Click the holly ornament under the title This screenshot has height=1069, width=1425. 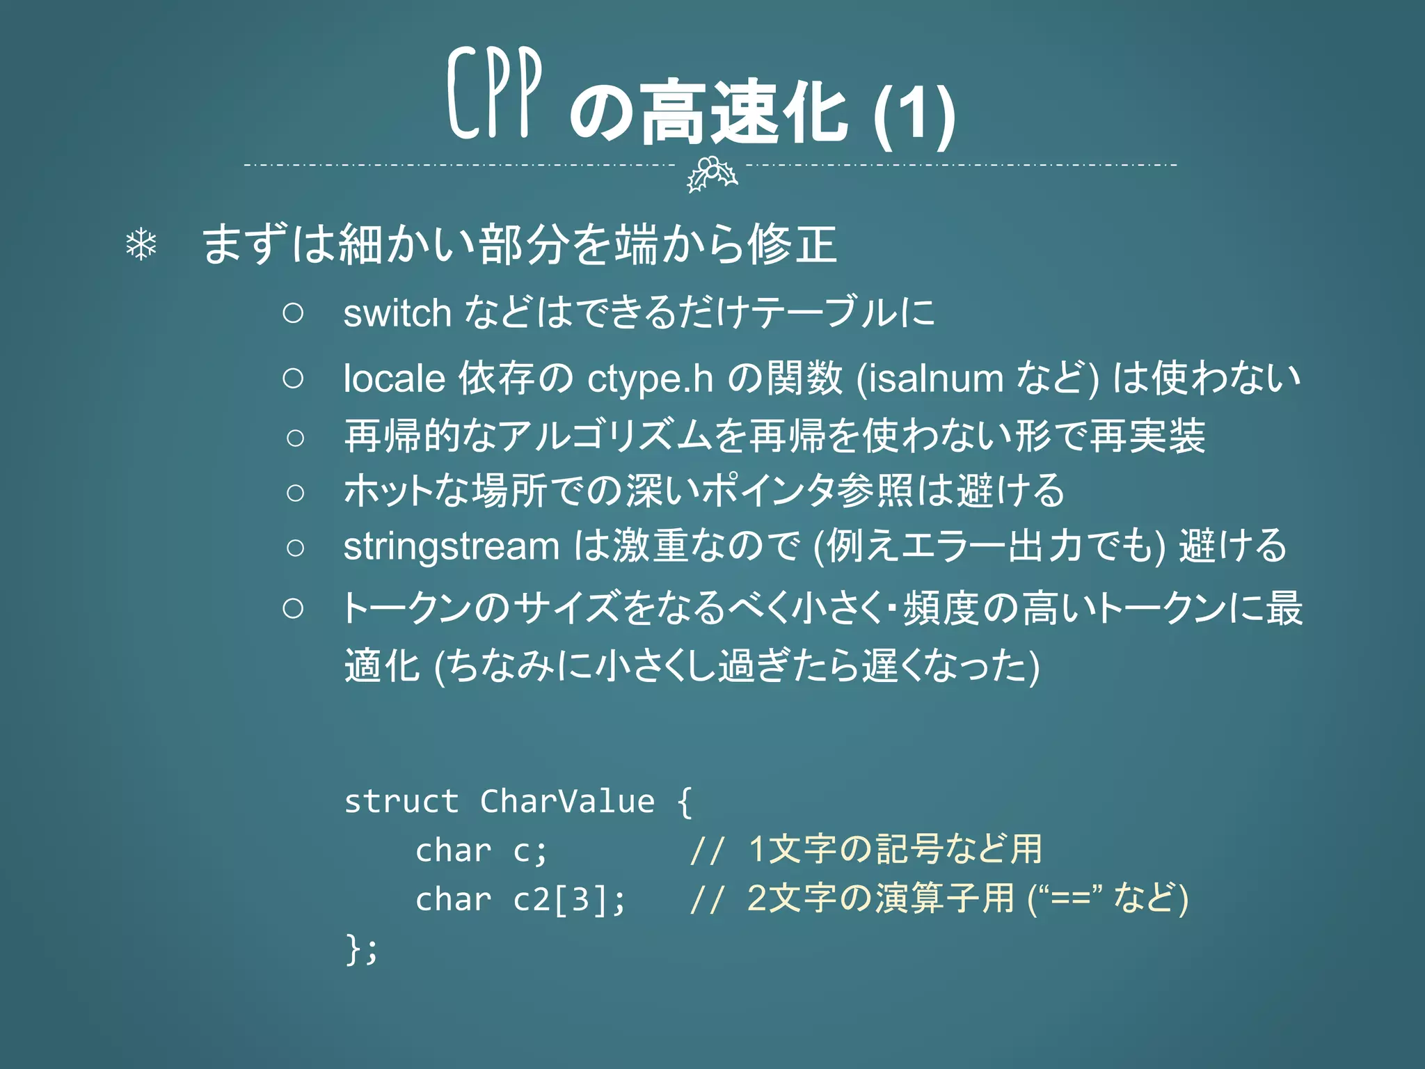[x=711, y=173]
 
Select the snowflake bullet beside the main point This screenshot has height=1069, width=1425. [x=141, y=245]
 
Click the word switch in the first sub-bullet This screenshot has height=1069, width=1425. [x=397, y=313]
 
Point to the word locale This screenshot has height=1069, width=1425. [x=394, y=379]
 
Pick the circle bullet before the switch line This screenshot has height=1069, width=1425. [x=294, y=313]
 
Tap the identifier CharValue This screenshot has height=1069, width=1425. [x=567, y=802]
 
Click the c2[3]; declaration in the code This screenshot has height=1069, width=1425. [x=569, y=900]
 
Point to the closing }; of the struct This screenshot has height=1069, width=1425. [x=361, y=949]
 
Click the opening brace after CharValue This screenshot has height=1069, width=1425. [x=685, y=802]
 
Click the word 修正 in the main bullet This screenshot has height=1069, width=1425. [x=792, y=245]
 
